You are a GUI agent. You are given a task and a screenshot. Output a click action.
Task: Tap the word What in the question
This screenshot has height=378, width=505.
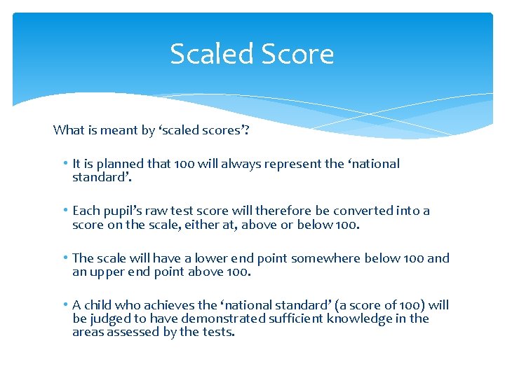[x=69, y=129]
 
